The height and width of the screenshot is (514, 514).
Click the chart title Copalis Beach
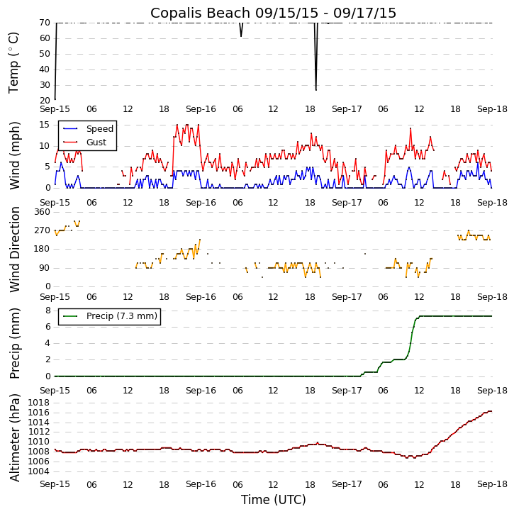coord(273,13)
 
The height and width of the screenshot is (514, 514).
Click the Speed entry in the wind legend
coord(99,129)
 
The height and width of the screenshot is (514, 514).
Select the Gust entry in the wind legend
coord(96,143)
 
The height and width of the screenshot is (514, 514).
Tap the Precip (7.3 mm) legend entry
coord(121,316)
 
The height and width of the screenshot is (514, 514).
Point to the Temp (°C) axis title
coord(14,62)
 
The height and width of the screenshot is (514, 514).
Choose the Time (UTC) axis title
coord(273,500)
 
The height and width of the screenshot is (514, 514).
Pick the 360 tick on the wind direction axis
coord(42,212)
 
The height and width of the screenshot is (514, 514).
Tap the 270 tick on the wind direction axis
coord(42,230)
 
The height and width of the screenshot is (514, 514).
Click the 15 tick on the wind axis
coord(44,125)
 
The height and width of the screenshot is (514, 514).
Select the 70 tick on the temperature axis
coord(44,23)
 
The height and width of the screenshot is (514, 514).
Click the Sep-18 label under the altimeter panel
coord(492,484)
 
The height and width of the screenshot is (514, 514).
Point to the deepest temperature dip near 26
coord(315,89)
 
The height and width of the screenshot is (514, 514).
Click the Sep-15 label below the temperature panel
coord(55,109)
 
